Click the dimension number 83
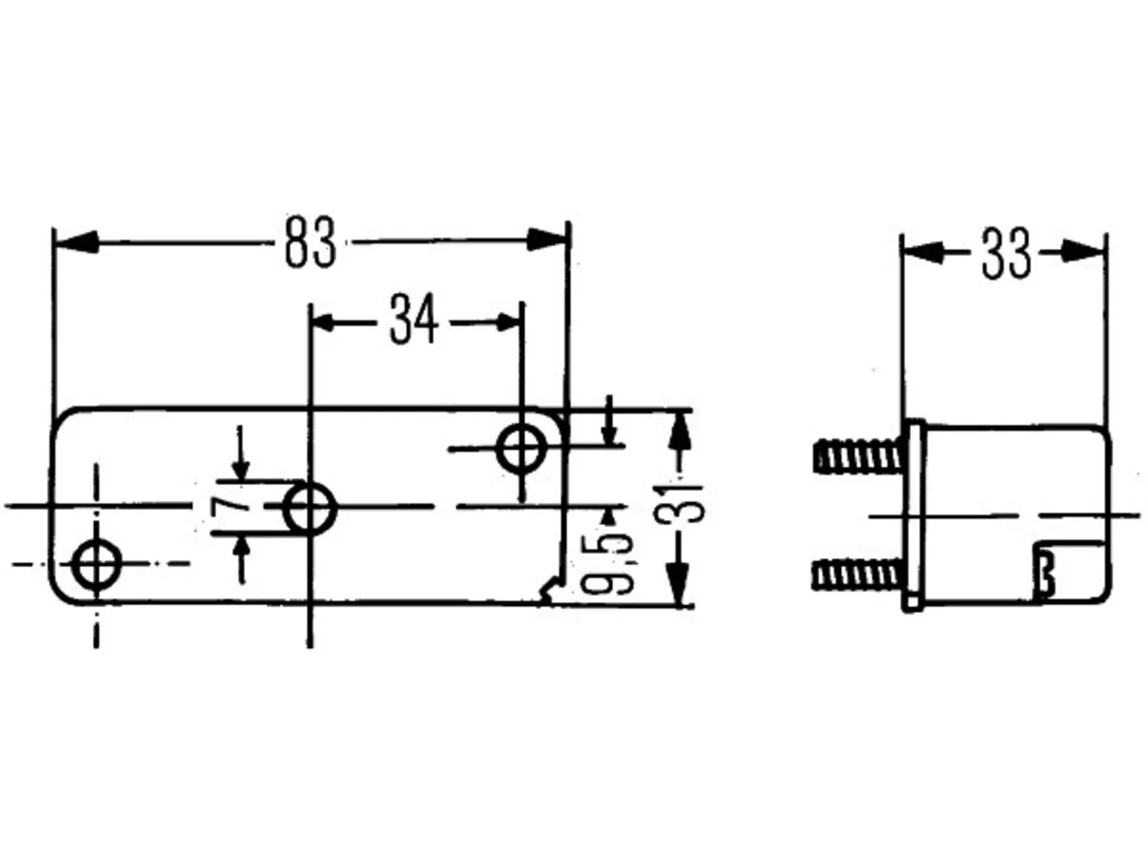pyautogui.click(x=310, y=242)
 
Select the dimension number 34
pyautogui.click(x=414, y=319)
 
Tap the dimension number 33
pyautogui.click(x=1006, y=253)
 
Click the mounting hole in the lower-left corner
pyautogui.click(x=97, y=565)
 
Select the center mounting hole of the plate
pyautogui.click(x=310, y=508)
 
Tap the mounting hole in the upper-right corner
pyautogui.click(x=522, y=448)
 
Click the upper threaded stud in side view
pyautogui.click(x=858, y=455)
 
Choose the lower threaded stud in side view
pyautogui.click(x=858, y=574)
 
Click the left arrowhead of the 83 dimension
pyautogui.click(x=76, y=242)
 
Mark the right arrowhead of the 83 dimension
pyautogui.click(x=547, y=240)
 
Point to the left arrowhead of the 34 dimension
pyautogui.click(x=323, y=323)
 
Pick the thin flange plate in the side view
pyautogui.click(x=913, y=515)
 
